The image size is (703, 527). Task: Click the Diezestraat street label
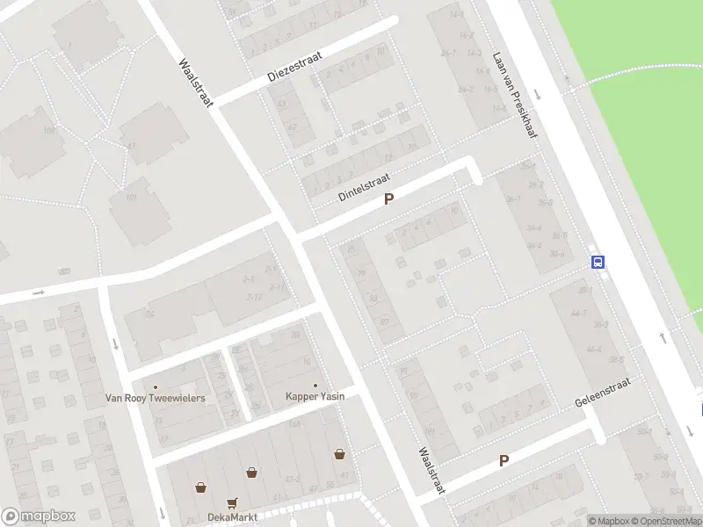(x=294, y=68)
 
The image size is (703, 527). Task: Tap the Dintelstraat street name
(x=364, y=187)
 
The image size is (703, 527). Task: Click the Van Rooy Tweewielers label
(x=156, y=398)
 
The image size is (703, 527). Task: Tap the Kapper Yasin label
(x=315, y=396)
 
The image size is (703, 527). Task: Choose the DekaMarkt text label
(x=232, y=516)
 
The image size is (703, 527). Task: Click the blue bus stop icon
(x=598, y=261)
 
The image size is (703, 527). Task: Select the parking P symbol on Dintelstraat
(x=388, y=200)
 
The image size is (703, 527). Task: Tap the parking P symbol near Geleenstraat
(x=504, y=460)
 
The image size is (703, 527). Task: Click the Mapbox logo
(x=38, y=516)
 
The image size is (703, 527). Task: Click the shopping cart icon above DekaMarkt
(x=233, y=502)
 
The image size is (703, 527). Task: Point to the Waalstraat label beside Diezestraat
(x=196, y=83)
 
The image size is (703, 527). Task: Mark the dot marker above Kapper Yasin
(x=315, y=385)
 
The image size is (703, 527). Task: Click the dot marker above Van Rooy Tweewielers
(x=156, y=386)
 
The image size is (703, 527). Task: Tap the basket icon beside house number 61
(x=339, y=454)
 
